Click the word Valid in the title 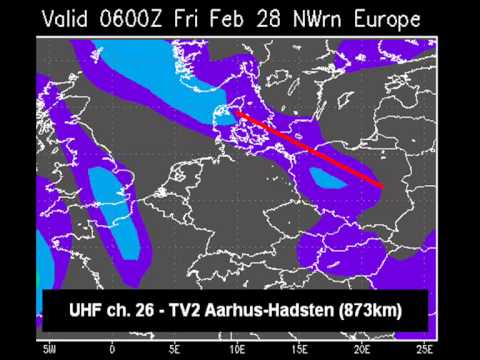pos(72,18)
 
